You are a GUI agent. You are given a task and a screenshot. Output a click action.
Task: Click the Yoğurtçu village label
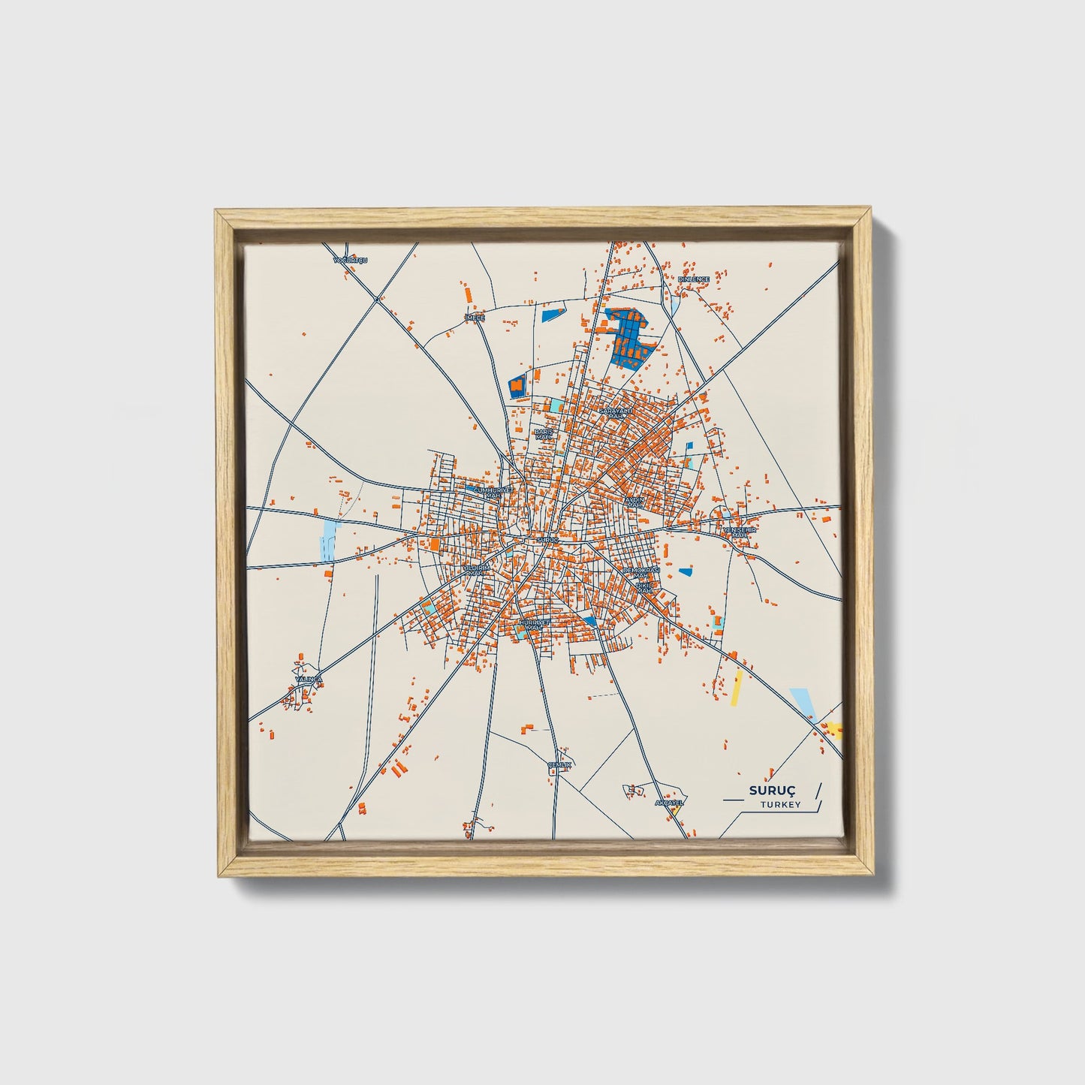[x=351, y=260]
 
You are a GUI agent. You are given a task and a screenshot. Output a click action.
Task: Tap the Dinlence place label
[x=693, y=279]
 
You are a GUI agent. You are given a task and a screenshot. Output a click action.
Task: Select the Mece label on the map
[x=476, y=318]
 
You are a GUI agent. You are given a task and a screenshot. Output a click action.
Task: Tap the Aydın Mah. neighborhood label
[x=635, y=501]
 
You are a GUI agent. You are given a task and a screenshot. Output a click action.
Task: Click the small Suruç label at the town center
[x=549, y=539]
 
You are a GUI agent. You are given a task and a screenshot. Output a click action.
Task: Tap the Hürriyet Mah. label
[x=535, y=623]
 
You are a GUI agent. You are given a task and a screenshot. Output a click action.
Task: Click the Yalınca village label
[x=308, y=679]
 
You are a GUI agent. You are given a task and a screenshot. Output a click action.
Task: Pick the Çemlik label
[x=560, y=764]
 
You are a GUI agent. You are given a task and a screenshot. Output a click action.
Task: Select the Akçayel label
[x=669, y=802]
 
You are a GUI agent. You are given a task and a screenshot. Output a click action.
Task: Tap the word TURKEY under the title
[x=779, y=805]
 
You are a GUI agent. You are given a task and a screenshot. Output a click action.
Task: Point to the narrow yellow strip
[x=737, y=688]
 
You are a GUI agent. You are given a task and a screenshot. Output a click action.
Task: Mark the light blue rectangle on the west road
[x=329, y=538]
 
